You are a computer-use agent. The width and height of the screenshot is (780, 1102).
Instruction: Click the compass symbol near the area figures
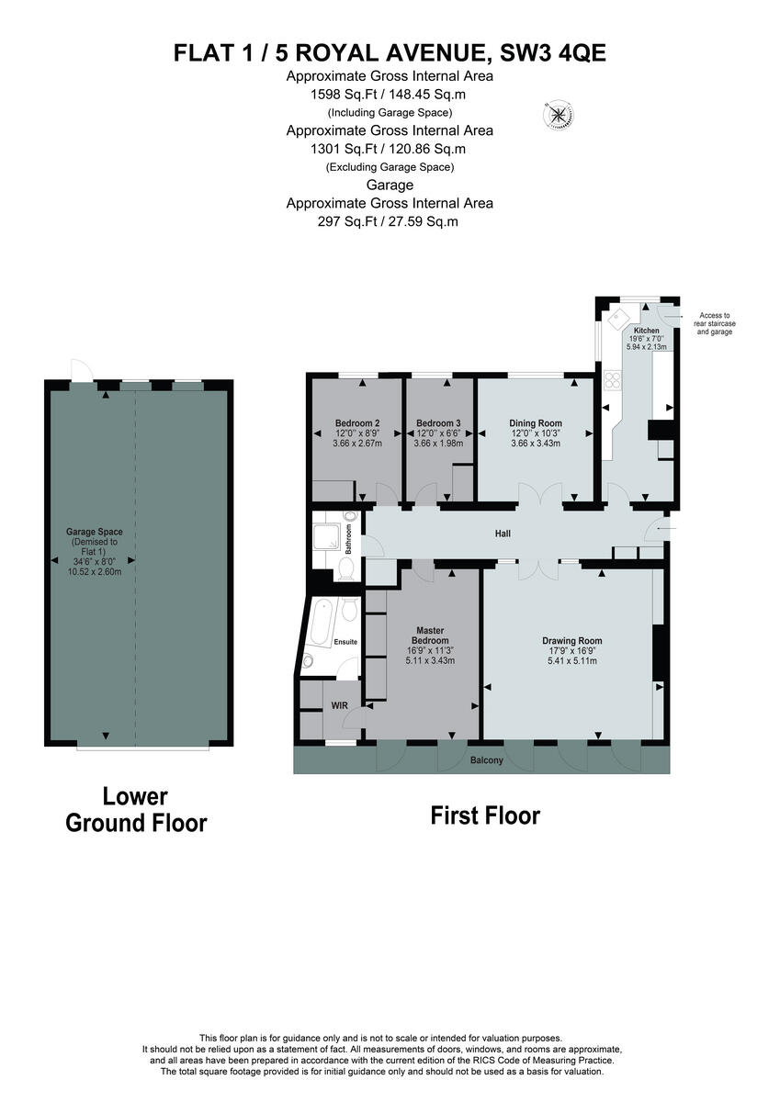[558, 115]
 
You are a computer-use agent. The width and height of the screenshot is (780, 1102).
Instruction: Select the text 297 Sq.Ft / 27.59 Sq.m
[390, 221]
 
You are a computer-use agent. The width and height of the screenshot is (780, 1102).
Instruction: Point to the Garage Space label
[95, 532]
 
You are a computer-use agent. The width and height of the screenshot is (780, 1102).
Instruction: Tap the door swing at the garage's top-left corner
[81, 369]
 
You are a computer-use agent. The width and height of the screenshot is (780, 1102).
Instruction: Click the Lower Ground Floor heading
[136, 809]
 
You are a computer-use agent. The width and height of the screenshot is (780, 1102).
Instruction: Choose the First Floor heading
[485, 815]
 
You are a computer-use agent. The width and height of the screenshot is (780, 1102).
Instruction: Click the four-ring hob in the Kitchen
[610, 379]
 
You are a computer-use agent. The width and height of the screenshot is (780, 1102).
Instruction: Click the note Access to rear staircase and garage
[716, 323]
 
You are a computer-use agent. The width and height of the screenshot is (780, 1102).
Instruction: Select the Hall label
[502, 534]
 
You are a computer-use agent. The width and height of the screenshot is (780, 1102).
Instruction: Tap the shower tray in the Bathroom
[327, 539]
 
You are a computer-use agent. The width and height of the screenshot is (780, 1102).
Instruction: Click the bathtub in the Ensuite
[321, 622]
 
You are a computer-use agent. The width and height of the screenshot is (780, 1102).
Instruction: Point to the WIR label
[338, 707]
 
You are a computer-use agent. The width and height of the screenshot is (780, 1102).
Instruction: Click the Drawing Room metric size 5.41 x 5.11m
[571, 660]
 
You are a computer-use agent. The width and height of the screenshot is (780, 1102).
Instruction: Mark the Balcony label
[486, 760]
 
